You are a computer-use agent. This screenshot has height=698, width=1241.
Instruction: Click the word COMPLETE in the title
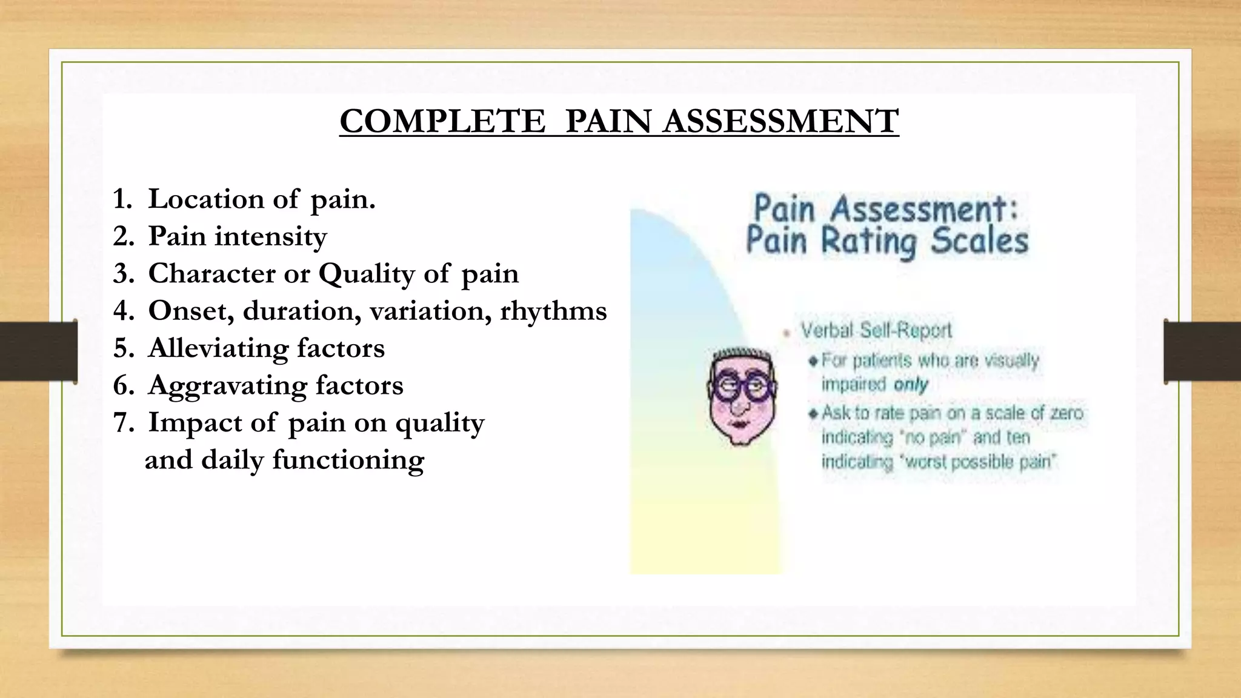pyautogui.click(x=442, y=121)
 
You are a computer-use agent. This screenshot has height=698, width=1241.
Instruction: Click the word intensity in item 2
pyautogui.click(x=270, y=236)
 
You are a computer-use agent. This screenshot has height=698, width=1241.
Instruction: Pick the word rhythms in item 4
pyautogui.click(x=553, y=311)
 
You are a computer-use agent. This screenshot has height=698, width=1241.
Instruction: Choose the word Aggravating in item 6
pyautogui.click(x=227, y=386)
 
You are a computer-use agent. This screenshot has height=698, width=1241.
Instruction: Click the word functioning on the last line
pyautogui.click(x=348, y=460)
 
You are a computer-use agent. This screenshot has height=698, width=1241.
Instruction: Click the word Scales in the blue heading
pyautogui.click(x=979, y=241)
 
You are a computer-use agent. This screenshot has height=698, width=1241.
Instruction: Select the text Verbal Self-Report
pyautogui.click(x=876, y=331)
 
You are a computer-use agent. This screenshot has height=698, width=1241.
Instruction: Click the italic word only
pyautogui.click(x=910, y=385)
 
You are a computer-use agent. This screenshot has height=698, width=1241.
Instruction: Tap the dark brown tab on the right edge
pyautogui.click(x=1202, y=351)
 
